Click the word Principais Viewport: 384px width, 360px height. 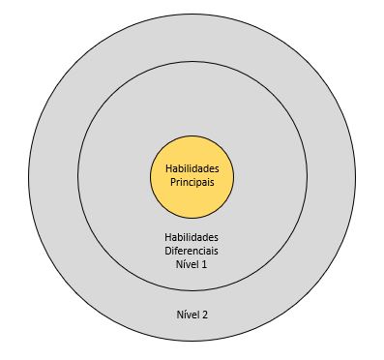point(191,183)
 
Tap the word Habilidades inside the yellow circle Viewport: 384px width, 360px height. point(191,169)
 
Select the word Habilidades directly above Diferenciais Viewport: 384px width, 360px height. point(191,237)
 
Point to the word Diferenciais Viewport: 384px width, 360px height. point(191,251)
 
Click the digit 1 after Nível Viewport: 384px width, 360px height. point(204,264)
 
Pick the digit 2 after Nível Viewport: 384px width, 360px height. point(204,315)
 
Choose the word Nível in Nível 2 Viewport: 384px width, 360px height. point(187,315)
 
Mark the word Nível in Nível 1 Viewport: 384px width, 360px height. point(187,264)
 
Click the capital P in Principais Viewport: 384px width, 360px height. point(169,183)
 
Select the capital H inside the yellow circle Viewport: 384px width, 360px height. point(167,169)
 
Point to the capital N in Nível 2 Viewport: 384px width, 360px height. point(178,315)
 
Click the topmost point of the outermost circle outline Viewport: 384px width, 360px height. point(192,12)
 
